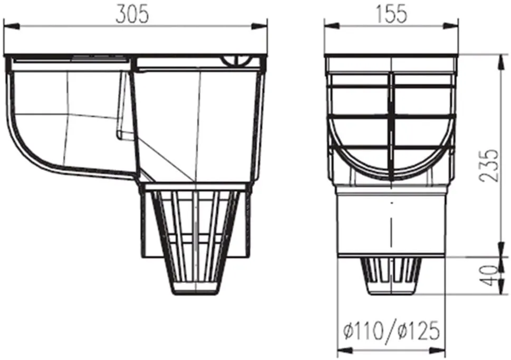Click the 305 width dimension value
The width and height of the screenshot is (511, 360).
[132, 15]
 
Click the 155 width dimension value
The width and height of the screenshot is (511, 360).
[391, 15]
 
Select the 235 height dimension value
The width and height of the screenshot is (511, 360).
[490, 165]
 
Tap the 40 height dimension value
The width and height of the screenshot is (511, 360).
[490, 276]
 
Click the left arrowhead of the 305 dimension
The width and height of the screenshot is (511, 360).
[12, 26]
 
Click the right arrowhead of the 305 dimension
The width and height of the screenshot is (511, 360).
[260, 26]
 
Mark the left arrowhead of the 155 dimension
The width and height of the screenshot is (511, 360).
[332, 26]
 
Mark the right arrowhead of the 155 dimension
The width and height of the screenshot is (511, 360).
[451, 26]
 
